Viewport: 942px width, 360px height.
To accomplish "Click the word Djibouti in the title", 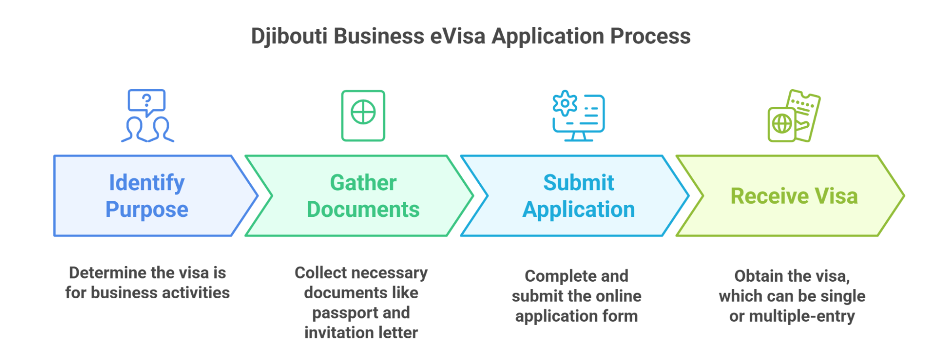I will coord(289,36).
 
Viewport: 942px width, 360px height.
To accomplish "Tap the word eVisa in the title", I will coord(458,36).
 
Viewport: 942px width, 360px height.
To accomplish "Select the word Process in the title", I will coord(650,36).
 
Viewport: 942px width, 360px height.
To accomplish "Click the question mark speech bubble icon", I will coord(147,101).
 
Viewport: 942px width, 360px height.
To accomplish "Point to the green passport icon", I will coord(363,115).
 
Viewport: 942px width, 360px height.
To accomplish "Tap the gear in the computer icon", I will coord(565,103).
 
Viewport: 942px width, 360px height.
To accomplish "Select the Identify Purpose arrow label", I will coord(147,196).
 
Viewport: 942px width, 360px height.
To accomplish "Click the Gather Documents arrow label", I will coord(363,196).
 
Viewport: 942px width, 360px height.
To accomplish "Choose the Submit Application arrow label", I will coord(579,196).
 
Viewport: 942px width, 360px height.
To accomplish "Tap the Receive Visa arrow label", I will coord(794,196).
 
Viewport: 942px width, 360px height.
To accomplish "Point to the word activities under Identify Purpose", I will coord(196,293).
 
